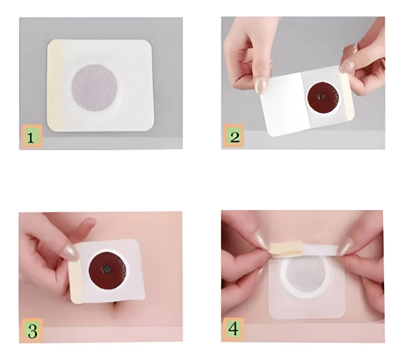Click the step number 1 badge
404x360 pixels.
(32, 137)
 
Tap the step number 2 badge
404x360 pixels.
(234, 136)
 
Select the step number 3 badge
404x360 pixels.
(32, 330)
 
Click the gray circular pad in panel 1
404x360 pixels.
(94, 88)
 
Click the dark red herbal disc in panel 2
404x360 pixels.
(323, 97)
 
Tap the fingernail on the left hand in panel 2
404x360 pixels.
(261, 86)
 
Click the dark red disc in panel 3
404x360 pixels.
(107, 270)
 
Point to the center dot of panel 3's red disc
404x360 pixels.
(106, 269)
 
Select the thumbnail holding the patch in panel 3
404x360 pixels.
(71, 253)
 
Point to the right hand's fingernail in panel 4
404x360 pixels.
(345, 246)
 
